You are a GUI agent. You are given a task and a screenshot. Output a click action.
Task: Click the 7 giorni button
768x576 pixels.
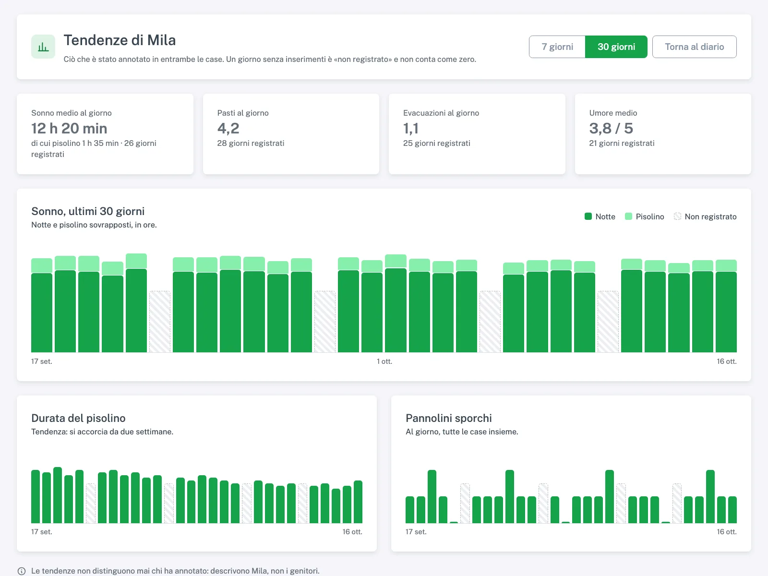pyautogui.click(x=557, y=47)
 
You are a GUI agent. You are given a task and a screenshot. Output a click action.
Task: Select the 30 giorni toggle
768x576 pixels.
pyautogui.click(x=616, y=47)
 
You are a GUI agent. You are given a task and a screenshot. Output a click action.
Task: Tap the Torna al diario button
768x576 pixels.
pyautogui.click(x=694, y=47)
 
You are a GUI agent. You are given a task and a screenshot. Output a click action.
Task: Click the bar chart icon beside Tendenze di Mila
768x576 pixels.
pyautogui.click(x=43, y=47)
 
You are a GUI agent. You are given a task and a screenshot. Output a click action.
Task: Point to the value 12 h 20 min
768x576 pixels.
pyautogui.click(x=69, y=128)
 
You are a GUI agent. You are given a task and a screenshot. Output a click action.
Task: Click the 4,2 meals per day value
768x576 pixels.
pyautogui.click(x=228, y=128)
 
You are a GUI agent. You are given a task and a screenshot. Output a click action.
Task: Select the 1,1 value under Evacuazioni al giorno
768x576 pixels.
pyautogui.click(x=411, y=128)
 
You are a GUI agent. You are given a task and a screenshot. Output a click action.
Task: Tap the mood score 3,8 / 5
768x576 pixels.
pyautogui.click(x=611, y=128)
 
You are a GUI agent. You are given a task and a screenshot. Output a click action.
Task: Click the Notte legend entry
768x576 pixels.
pyautogui.click(x=600, y=216)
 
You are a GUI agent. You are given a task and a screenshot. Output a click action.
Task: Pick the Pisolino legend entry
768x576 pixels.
pyautogui.click(x=644, y=216)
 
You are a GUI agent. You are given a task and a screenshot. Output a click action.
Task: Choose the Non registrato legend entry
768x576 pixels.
pyautogui.click(x=705, y=216)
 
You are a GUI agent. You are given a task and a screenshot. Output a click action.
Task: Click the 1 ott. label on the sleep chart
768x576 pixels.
pyautogui.click(x=384, y=361)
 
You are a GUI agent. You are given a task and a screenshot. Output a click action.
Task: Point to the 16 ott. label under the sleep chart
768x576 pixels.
pyautogui.click(x=727, y=361)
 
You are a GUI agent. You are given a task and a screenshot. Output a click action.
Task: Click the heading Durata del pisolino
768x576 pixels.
pyautogui.click(x=78, y=418)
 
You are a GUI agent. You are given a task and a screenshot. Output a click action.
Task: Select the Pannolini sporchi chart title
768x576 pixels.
pyautogui.click(x=448, y=418)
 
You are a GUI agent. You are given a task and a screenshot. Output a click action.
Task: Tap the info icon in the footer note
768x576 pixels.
pyautogui.click(x=22, y=571)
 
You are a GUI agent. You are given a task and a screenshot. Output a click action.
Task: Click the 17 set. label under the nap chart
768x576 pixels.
pyautogui.click(x=42, y=531)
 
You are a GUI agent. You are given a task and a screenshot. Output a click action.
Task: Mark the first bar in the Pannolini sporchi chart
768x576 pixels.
pyautogui.click(x=410, y=510)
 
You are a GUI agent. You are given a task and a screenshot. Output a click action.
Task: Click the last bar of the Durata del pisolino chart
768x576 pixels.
pyautogui.click(x=358, y=502)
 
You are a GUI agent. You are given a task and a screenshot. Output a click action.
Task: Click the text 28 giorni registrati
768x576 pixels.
pyautogui.click(x=251, y=143)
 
